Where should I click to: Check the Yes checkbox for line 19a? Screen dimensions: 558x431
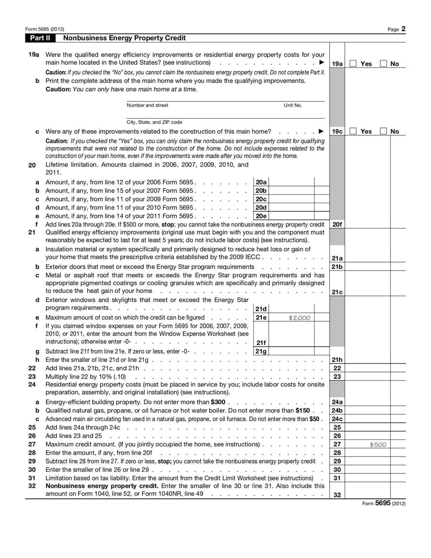[353, 64]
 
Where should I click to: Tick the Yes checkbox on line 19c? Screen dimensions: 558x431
[353, 131]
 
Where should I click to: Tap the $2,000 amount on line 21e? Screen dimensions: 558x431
[299, 318]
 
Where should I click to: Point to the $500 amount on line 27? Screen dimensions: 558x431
[378, 445]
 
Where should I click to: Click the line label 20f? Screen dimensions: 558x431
[337, 224]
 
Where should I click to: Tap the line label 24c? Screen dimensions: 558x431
[337, 419]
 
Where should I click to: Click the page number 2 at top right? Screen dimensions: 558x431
[403, 29]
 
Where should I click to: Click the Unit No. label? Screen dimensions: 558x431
[293, 105]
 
